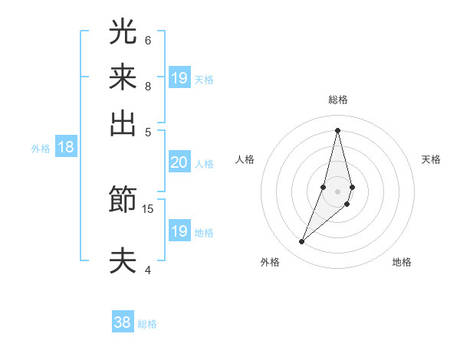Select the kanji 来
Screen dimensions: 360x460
tap(123, 77)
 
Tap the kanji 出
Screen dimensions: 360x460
tap(123, 123)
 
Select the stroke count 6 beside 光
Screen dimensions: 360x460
tap(148, 40)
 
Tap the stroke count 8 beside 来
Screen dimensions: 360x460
tap(148, 86)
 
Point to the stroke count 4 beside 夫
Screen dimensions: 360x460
tap(148, 269)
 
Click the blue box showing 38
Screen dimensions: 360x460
tap(123, 322)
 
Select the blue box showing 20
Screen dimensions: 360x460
tap(179, 162)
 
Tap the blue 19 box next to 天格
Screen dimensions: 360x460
tap(179, 77)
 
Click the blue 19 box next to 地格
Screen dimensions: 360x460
tap(179, 231)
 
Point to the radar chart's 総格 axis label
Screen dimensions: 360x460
tap(337, 100)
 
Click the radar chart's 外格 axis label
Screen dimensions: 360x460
tap(270, 263)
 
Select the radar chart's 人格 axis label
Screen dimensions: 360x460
tap(245, 159)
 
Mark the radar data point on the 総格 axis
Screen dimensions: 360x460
tap(337, 129)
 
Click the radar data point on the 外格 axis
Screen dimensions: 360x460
tap(302, 242)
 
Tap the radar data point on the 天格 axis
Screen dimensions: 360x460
tap(352, 187)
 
